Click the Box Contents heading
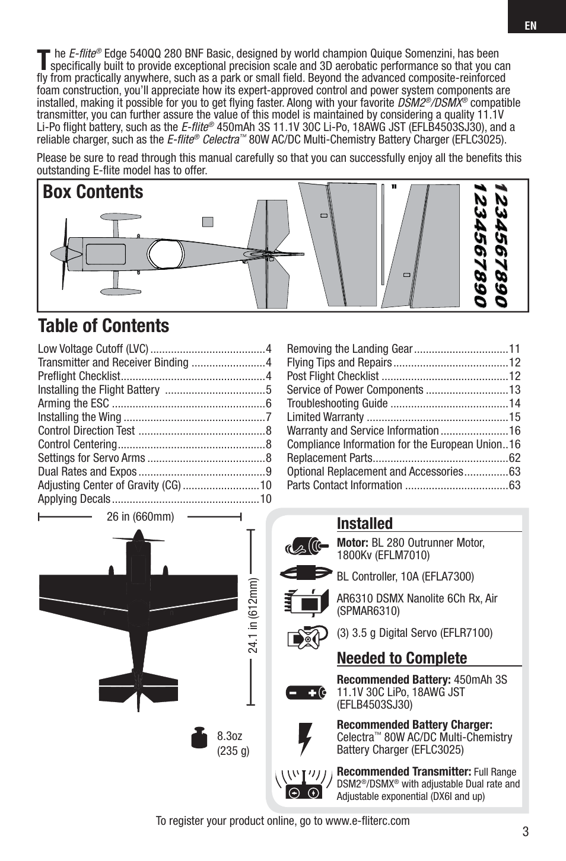pyautogui.click(x=93, y=192)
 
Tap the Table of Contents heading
pyautogui.click(x=104, y=326)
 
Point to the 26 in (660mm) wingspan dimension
pyautogui.click(x=140, y=516)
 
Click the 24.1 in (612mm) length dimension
pyautogui.click(x=254, y=617)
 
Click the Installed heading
pyautogui.click(x=365, y=524)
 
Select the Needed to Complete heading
pyautogui.click(x=402, y=658)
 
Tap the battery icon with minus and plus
pyautogui.click(x=306, y=692)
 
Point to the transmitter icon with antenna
pyautogui.click(x=304, y=784)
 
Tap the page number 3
pyautogui.click(x=526, y=831)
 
